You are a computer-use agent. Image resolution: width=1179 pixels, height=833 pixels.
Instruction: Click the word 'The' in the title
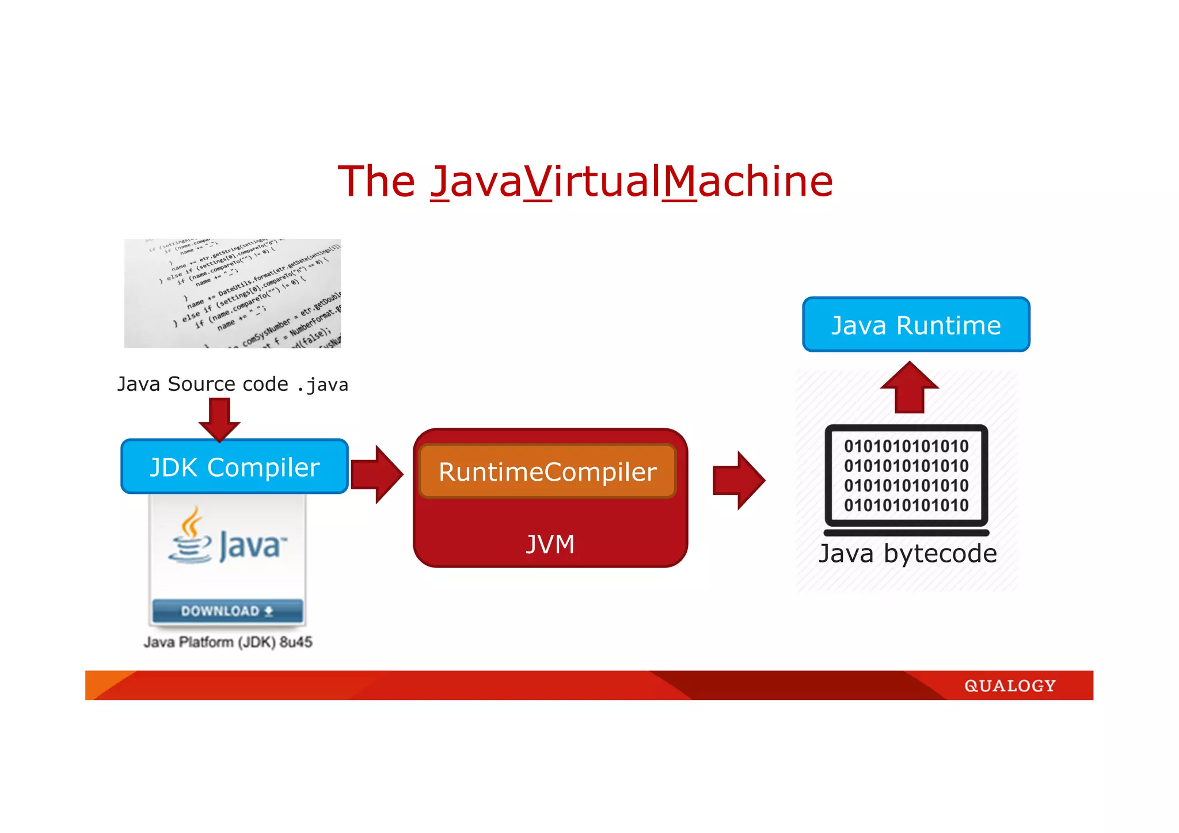pyautogui.click(x=376, y=181)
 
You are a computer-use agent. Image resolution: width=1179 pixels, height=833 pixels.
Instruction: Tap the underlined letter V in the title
pyautogui.click(x=538, y=182)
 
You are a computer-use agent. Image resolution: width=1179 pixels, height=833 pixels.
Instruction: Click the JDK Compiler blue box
pyautogui.click(x=234, y=467)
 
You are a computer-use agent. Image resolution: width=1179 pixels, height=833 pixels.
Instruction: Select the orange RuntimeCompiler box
pyautogui.click(x=547, y=471)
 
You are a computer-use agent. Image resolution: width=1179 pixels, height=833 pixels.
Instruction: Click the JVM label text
pyautogui.click(x=550, y=544)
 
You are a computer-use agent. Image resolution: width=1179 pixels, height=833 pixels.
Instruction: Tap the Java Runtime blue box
pyautogui.click(x=916, y=325)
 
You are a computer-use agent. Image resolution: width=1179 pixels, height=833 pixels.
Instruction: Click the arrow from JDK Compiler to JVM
pyautogui.click(x=377, y=474)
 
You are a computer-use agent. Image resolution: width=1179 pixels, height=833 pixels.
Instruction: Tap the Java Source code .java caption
pyautogui.click(x=233, y=384)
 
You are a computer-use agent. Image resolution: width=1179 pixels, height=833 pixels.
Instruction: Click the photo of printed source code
pyautogui.click(x=233, y=294)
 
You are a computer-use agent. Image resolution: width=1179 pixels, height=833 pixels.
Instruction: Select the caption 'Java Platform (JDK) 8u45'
pyautogui.click(x=228, y=642)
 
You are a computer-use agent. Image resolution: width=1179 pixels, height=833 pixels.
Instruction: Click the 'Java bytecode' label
pyautogui.click(x=908, y=553)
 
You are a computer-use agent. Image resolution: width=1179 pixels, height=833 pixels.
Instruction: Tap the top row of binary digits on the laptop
pyautogui.click(x=906, y=446)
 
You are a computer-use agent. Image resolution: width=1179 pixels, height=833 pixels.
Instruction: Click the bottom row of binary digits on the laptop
pyautogui.click(x=906, y=505)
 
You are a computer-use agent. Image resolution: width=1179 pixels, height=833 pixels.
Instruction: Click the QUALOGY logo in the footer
pyautogui.click(x=1010, y=686)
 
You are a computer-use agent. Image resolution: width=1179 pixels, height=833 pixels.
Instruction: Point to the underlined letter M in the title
pyautogui.click(x=680, y=182)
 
